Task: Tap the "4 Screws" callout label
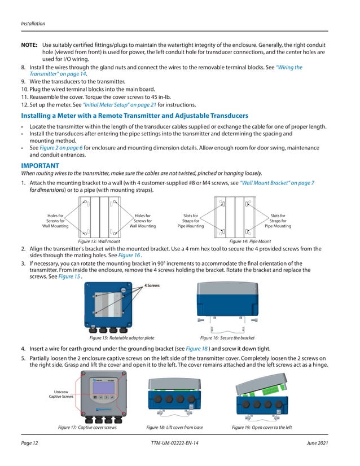(151, 285)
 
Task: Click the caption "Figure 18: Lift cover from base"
(174, 427)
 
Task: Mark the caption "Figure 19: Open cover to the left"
(262, 427)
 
